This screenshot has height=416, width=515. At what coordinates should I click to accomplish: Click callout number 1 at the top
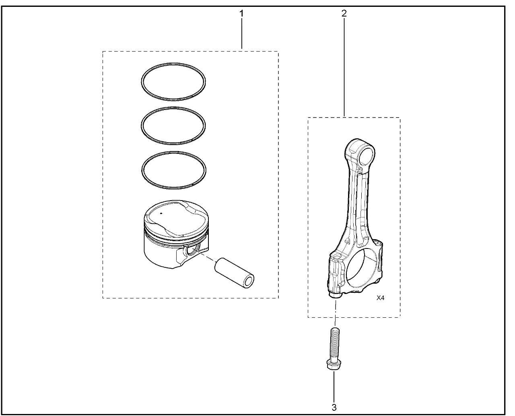tap(241, 13)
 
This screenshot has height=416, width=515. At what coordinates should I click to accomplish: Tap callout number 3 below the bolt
tap(334, 407)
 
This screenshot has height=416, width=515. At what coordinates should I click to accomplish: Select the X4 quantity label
tap(380, 298)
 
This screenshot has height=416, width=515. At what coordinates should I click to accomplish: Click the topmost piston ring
tap(173, 63)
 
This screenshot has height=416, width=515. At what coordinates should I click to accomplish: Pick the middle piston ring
tap(173, 108)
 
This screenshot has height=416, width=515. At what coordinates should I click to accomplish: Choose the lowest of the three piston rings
tap(173, 152)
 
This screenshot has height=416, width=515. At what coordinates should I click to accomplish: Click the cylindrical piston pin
tap(234, 273)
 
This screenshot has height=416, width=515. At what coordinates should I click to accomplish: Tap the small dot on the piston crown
tap(161, 213)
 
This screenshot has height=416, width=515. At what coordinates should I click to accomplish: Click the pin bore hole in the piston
tap(194, 250)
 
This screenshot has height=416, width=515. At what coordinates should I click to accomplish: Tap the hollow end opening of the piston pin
tap(249, 281)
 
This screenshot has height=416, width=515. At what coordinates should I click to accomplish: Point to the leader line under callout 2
tap(344, 68)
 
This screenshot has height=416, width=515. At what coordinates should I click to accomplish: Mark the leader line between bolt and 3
tap(334, 387)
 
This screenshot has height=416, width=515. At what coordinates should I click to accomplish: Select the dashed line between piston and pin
tap(207, 257)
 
